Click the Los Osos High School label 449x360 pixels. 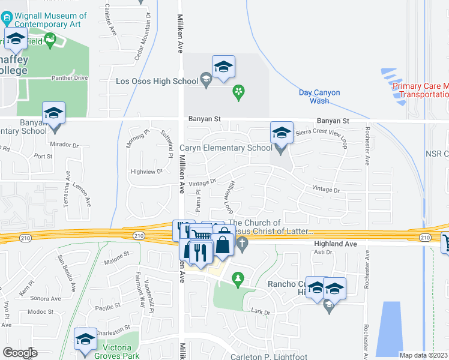click(x=157, y=81)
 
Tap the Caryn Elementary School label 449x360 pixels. click(x=226, y=148)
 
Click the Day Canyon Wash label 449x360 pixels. click(x=319, y=97)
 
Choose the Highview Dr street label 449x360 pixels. click(x=146, y=172)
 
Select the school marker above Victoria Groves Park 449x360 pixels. click(x=85, y=339)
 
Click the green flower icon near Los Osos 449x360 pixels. click(x=239, y=92)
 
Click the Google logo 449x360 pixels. click(x=19, y=353)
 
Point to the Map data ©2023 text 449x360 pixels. click(x=423, y=355)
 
